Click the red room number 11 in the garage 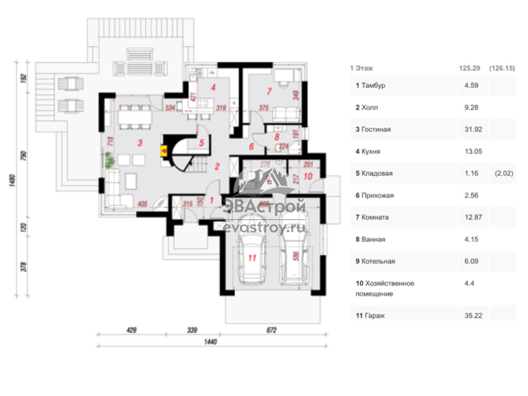[x=252, y=258]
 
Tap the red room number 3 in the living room [x=139, y=143]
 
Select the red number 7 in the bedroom [x=269, y=92]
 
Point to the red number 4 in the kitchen [x=212, y=87]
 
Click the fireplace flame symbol [x=164, y=151]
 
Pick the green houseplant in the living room [x=109, y=161]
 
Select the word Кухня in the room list [x=373, y=152]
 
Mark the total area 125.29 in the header [x=470, y=68]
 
